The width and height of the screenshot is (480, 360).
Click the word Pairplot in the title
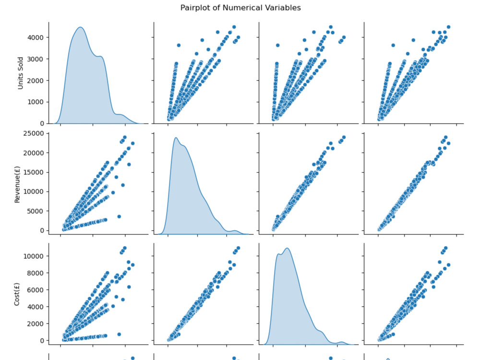194,8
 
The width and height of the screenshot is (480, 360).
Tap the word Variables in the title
284,8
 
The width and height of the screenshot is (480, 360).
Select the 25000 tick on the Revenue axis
34,133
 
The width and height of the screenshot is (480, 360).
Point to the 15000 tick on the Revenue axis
34,172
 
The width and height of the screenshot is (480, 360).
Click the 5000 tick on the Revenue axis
36,211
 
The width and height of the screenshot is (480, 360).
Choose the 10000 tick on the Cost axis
34,256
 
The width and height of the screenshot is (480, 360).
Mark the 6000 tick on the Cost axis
36,290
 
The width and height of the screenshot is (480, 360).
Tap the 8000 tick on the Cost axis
36,273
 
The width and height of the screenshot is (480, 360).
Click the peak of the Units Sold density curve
80,27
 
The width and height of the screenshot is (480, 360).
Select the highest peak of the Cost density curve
287,248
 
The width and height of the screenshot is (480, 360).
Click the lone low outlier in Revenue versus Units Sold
119,216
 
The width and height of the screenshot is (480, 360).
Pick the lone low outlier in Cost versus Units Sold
119,334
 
